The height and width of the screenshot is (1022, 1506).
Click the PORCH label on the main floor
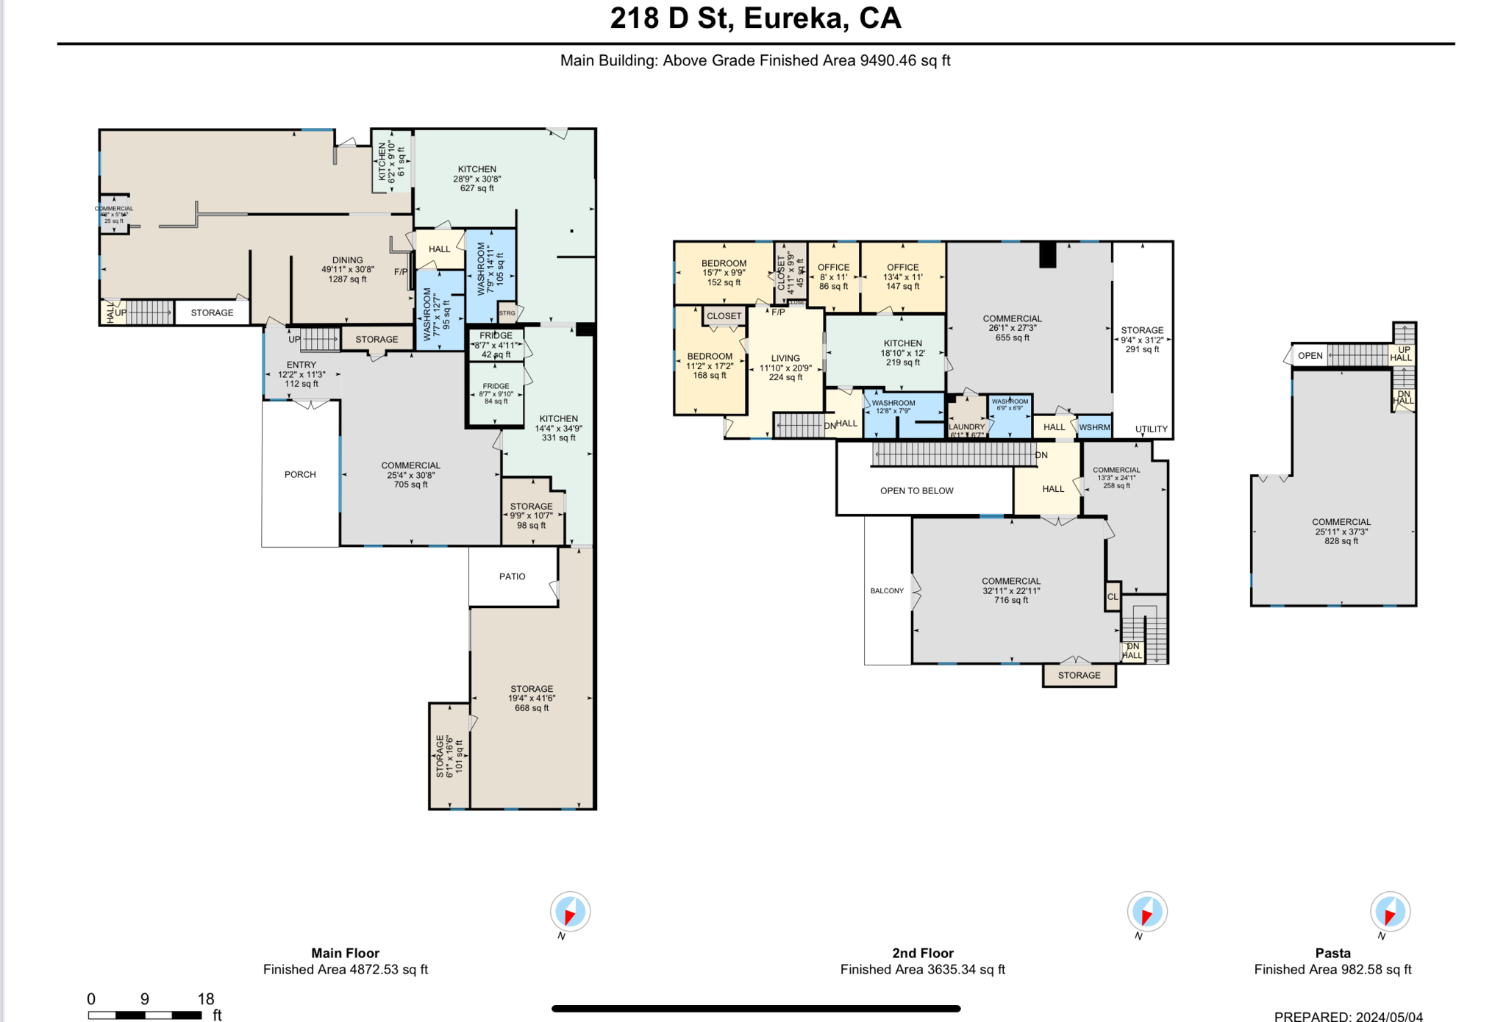tap(300, 474)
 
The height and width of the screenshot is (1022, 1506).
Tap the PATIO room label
tap(512, 576)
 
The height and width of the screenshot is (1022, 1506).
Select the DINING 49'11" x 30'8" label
tap(347, 269)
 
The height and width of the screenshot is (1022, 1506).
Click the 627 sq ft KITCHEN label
tap(477, 179)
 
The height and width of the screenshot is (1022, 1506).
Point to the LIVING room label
tap(785, 368)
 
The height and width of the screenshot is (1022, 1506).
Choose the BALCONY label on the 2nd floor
tap(887, 590)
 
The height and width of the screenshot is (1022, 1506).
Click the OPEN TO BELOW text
tap(916, 490)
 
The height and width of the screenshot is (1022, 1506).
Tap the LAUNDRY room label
tap(966, 427)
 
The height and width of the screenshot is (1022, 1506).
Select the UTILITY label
tap(1151, 429)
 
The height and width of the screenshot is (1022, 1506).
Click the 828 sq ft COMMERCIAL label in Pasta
tap(1341, 531)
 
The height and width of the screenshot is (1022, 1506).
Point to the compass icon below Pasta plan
tap(1389, 912)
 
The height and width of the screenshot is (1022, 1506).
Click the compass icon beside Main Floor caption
tap(570, 912)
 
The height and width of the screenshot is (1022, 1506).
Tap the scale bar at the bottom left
tap(145, 1015)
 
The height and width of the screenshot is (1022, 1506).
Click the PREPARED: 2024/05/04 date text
tap(1348, 1016)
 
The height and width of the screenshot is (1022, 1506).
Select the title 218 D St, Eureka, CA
tap(755, 18)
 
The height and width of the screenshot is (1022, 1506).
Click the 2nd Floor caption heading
tap(922, 953)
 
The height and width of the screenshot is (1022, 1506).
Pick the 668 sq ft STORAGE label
tap(532, 698)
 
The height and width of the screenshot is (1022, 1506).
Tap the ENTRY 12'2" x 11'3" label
tap(301, 374)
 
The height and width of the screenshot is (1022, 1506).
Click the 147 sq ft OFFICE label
tap(902, 276)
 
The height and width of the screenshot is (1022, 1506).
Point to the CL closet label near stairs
tap(1113, 597)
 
